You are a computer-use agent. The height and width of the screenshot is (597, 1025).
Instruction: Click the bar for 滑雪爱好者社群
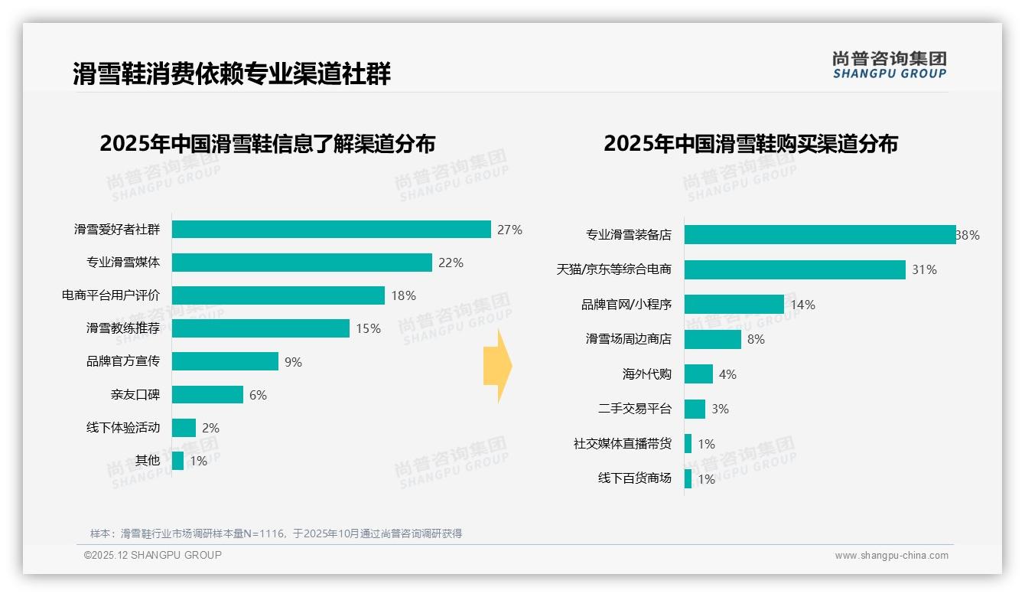pyautogui.click(x=331, y=230)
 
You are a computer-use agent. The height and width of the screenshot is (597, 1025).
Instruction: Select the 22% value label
pyautogui.click(x=451, y=263)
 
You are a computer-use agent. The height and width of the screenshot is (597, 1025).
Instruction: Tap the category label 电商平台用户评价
pyautogui.click(x=111, y=295)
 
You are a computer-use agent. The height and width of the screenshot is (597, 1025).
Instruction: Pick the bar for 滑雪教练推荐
pyautogui.click(x=261, y=328)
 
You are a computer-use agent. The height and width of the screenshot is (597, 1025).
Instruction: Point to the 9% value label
pyautogui.click(x=293, y=362)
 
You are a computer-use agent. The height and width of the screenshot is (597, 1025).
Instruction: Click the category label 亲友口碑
pyautogui.click(x=135, y=395)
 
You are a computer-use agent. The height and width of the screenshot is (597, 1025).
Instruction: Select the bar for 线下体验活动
pyautogui.click(x=184, y=428)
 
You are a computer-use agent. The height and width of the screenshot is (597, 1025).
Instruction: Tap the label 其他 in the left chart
pyautogui.click(x=148, y=461)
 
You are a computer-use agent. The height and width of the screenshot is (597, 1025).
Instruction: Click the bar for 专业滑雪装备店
pyautogui.click(x=820, y=235)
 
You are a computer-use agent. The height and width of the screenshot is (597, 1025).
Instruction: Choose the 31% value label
pyautogui.click(x=924, y=269)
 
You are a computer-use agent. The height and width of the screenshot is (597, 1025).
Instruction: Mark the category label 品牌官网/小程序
pyautogui.click(x=626, y=305)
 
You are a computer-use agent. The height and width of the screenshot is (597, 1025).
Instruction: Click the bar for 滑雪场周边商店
pyautogui.click(x=713, y=339)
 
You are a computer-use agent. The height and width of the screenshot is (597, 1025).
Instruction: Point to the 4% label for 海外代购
pyautogui.click(x=727, y=374)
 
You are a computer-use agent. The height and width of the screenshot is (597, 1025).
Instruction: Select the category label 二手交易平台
pyautogui.click(x=635, y=409)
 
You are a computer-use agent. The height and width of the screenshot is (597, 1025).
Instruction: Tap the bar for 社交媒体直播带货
pyautogui.click(x=688, y=444)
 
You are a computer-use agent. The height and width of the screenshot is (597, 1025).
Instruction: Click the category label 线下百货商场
pyautogui.click(x=635, y=478)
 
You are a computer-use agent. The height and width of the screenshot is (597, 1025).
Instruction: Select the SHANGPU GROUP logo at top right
pyautogui.click(x=890, y=65)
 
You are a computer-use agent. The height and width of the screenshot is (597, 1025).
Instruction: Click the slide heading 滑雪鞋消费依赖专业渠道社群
pyautogui.click(x=232, y=73)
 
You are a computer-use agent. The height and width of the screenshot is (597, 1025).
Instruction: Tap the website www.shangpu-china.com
pyautogui.click(x=891, y=556)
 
